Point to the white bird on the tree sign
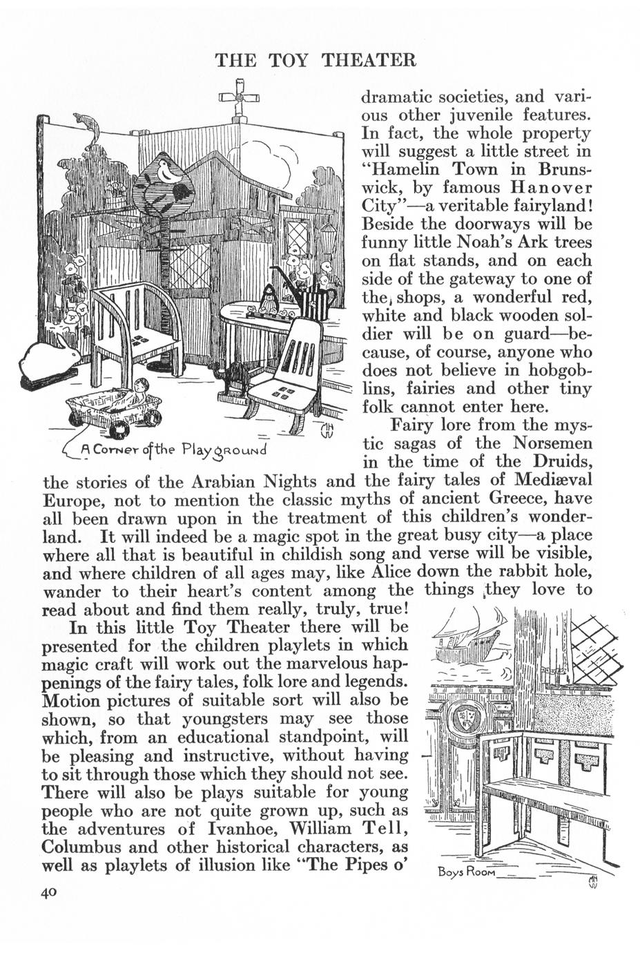click(x=168, y=171)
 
